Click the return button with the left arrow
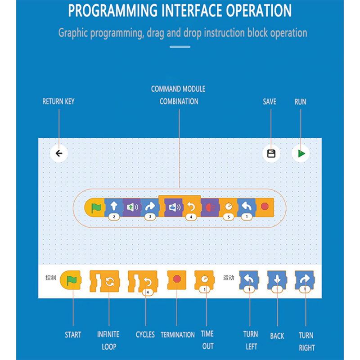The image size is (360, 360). pos(59,153)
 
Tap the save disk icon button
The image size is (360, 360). pos(271,153)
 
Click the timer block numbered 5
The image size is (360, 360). pos(229,208)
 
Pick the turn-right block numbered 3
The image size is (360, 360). pos(149,208)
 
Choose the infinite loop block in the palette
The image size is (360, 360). pos(104,281)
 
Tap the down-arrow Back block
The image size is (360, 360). pos(277,281)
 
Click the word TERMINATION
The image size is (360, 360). pos(178,335)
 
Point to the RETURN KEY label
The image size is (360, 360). pos(58,101)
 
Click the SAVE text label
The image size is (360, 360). pos(270,102)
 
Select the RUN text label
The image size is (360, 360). pos(300,102)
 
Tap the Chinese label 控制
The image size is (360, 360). pos(51,278)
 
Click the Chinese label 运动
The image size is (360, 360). pos(229,278)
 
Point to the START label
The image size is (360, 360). pos(73,335)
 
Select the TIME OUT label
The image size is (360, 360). pos(207,340)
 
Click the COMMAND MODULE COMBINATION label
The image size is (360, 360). pos(179,95)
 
